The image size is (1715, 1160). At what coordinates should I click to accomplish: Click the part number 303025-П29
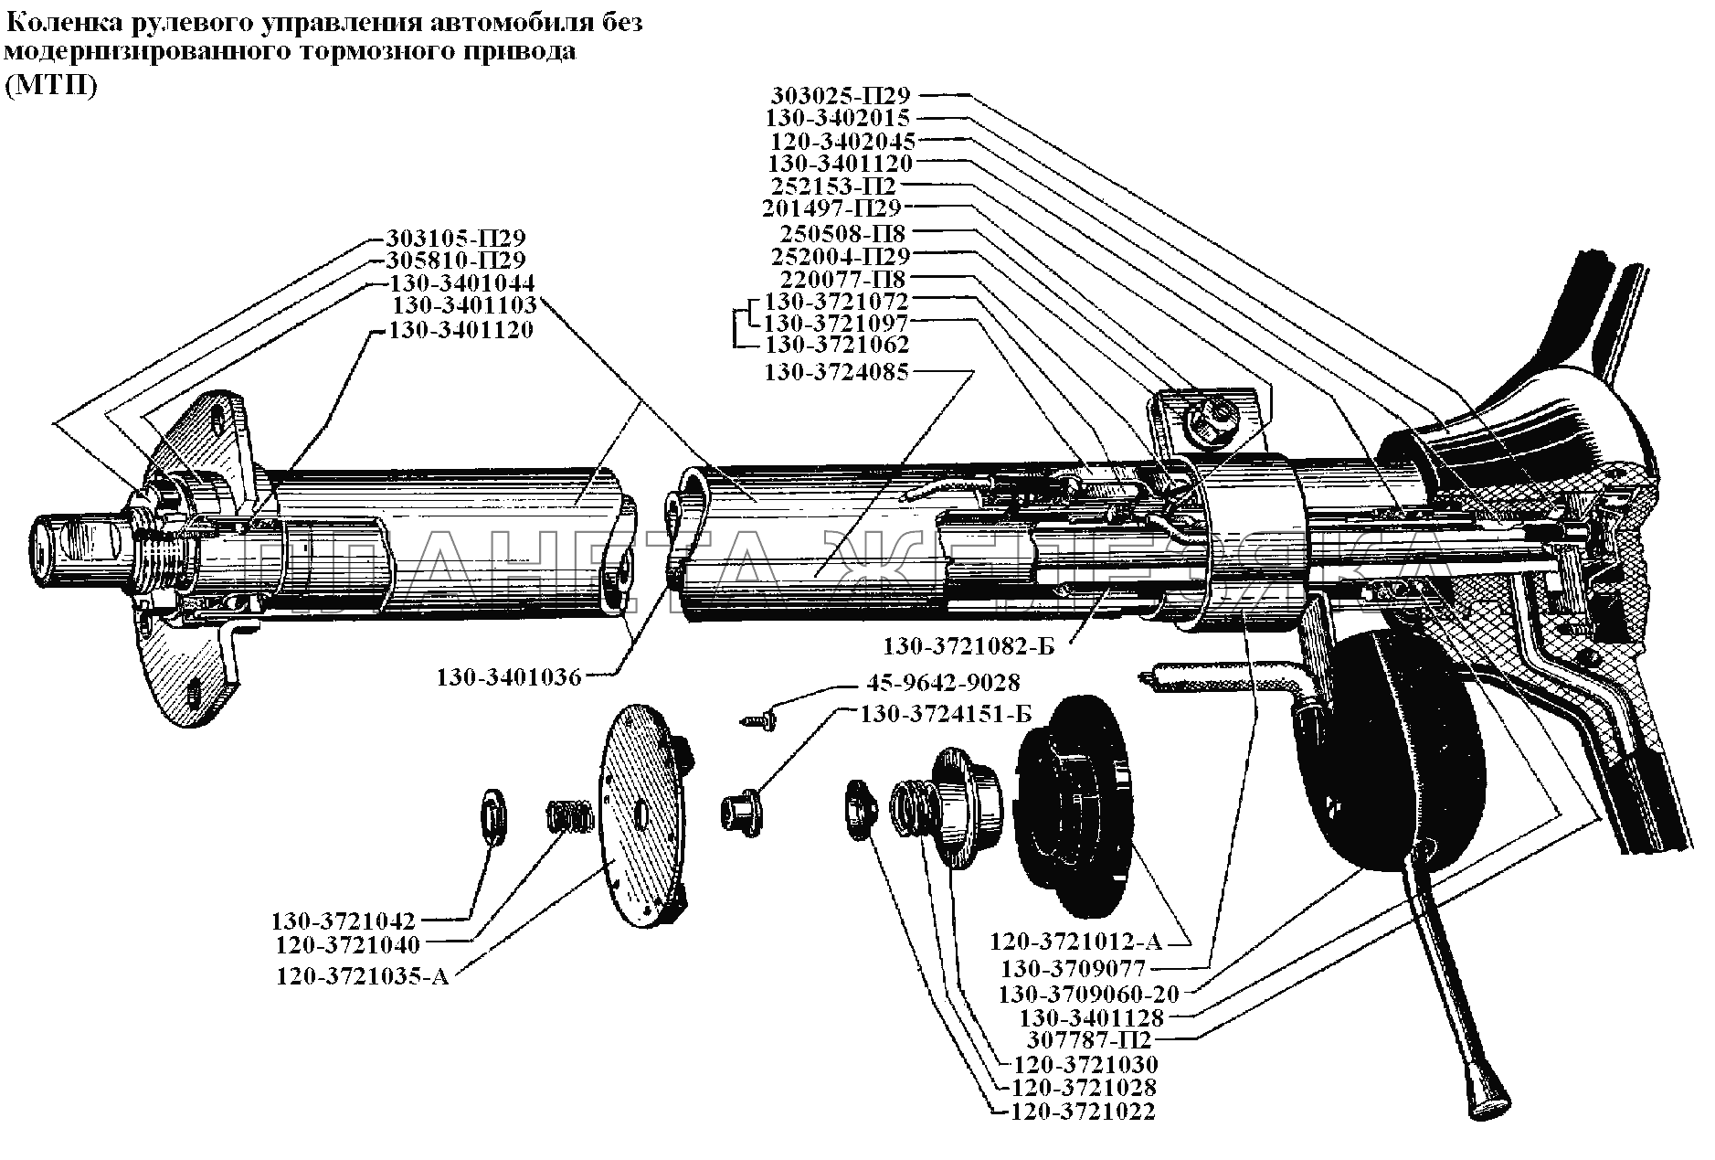tap(842, 95)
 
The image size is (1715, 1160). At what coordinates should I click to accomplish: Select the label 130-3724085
tap(836, 373)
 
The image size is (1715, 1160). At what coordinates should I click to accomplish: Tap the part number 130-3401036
tap(508, 677)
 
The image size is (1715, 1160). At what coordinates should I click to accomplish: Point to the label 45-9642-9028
tap(941, 683)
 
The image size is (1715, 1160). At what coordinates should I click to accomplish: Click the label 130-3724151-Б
tap(946, 715)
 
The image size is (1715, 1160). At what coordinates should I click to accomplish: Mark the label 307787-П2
tap(1089, 1041)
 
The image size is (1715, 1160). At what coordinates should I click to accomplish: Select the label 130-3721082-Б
tap(968, 647)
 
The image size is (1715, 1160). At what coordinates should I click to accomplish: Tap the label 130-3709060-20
tap(1088, 994)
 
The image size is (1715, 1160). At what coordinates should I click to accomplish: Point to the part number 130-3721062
tap(836, 346)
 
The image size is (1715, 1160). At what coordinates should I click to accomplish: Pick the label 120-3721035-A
tap(363, 976)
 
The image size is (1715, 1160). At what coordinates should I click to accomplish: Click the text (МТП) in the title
tap(50, 87)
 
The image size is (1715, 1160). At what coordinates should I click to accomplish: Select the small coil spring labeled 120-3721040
tap(564, 814)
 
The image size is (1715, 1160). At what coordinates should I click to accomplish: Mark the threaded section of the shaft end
tap(164, 561)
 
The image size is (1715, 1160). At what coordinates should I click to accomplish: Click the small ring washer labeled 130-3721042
tap(494, 816)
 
